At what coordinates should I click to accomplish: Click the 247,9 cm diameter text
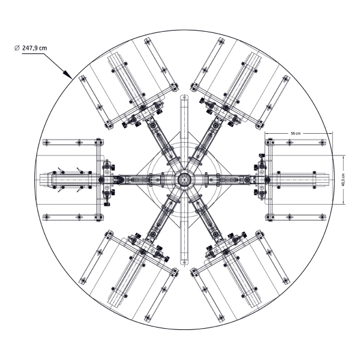click(x=34, y=48)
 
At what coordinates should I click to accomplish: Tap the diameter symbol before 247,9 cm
click(x=17, y=48)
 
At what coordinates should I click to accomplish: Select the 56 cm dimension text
click(x=295, y=133)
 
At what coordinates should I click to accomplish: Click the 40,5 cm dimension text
click(x=343, y=179)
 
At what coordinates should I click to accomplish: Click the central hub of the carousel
click(x=183, y=179)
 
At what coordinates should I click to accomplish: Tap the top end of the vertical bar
click(x=184, y=95)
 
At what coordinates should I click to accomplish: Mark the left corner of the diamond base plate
click(x=136, y=175)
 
